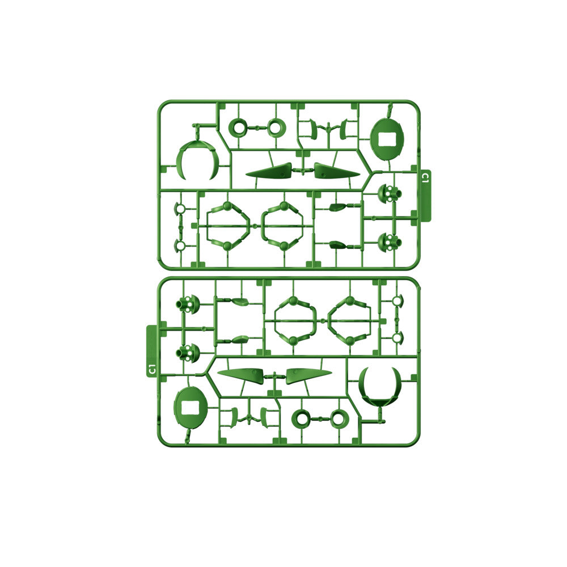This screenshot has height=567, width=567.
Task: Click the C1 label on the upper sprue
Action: click(x=425, y=177)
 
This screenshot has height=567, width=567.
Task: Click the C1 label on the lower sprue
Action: click(x=152, y=369)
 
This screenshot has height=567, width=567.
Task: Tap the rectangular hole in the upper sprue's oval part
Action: click(x=387, y=139)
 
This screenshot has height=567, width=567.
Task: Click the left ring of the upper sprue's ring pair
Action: click(x=239, y=128)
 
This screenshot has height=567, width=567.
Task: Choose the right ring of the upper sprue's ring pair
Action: click(x=276, y=128)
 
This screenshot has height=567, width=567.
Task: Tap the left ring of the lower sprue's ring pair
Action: click(x=302, y=419)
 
